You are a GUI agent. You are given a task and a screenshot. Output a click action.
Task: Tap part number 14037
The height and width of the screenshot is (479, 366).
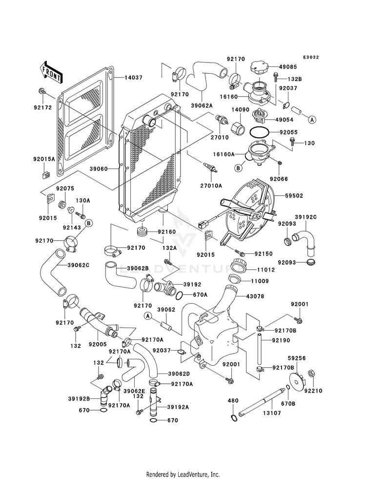click(131, 77)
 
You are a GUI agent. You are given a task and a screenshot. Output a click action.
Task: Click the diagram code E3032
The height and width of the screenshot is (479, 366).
click(310, 57)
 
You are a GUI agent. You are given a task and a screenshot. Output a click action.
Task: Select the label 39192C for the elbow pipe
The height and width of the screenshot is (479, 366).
click(305, 217)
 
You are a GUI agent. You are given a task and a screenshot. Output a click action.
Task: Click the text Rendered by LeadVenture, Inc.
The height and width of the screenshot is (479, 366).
click(183, 474)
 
